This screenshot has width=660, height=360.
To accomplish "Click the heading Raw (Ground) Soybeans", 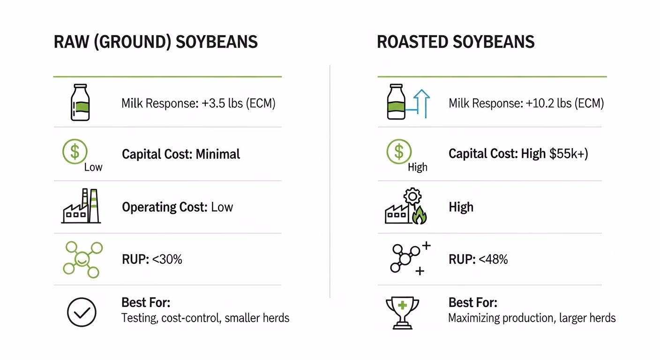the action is [x=156, y=42].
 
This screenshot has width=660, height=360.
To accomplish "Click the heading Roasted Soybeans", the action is [x=456, y=42].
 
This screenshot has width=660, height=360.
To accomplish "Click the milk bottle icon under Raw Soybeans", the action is [x=80, y=102].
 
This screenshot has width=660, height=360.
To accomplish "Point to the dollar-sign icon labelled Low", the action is [x=75, y=151].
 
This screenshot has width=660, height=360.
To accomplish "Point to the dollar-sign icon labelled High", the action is [x=399, y=151].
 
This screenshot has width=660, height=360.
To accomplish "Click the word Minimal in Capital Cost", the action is [x=218, y=154].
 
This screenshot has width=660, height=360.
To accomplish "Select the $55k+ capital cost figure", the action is [x=569, y=154].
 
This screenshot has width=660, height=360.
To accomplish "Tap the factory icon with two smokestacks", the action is [x=81, y=206].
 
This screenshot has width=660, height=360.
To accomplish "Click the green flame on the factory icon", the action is [x=420, y=215].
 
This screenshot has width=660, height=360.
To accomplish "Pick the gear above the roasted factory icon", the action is [x=412, y=196].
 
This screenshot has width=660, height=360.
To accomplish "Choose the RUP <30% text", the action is [x=152, y=260].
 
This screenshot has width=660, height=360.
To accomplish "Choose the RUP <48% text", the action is [x=478, y=260].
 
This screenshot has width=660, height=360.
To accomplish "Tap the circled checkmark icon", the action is [x=82, y=312].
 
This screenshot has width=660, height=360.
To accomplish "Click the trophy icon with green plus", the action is [x=403, y=313].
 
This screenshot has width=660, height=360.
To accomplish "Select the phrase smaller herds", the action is [x=257, y=318].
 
